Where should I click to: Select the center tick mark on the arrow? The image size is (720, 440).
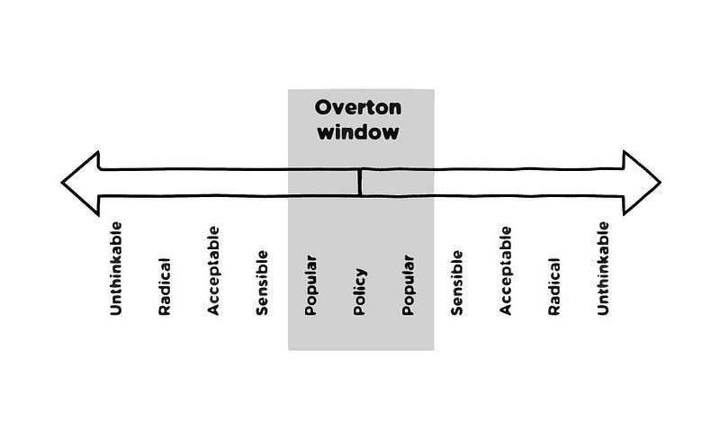click(x=359, y=182)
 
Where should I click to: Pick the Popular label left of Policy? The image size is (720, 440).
click(x=310, y=286)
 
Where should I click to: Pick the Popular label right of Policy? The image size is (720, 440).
click(x=408, y=286)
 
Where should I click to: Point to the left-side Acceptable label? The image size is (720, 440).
click(x=213, y=271)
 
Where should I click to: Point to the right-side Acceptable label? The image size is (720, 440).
click(x=505, y=271)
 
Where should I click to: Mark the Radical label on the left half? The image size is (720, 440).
click(x=165, y=287)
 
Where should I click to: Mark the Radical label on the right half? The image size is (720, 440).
click(x=553, y=287)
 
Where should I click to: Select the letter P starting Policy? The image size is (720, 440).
click(x=359, y=311)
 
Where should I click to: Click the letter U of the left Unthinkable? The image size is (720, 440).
click(x=116, y=311)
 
